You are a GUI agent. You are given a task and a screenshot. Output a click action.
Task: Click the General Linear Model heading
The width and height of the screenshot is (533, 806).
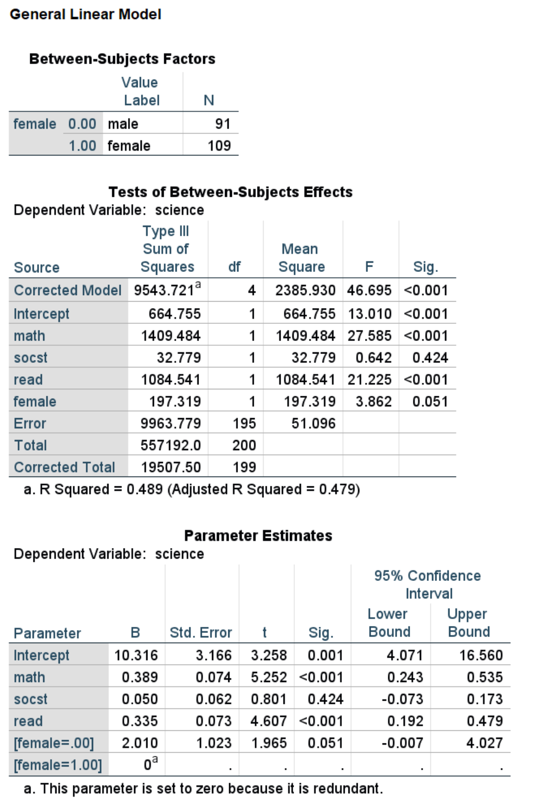coord(85,14)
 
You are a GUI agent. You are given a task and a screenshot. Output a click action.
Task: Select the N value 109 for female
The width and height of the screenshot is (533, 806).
coord(219,146)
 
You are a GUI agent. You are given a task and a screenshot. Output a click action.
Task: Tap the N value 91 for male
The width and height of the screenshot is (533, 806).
coord(223,124)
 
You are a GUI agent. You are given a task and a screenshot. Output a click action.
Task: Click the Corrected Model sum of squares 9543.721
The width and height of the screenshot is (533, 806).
coord(164,290)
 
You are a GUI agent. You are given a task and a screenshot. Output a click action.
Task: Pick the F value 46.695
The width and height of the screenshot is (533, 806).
coord(369,290)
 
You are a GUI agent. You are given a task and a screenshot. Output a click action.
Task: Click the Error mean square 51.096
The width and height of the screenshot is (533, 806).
coord(313,424)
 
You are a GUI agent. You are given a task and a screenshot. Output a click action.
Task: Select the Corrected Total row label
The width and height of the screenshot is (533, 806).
coord(64,467)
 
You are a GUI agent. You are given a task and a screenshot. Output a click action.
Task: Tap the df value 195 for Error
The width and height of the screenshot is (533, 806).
coord(244,424)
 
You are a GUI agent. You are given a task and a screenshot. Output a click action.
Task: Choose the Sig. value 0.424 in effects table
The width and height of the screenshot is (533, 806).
coord(430,358)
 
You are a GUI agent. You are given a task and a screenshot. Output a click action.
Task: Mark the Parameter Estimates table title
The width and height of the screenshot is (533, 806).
coord(258,536)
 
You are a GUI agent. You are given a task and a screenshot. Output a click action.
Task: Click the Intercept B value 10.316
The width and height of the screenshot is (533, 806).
coord(136,656)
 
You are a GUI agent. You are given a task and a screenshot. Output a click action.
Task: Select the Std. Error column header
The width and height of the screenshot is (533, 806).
coord(200,633)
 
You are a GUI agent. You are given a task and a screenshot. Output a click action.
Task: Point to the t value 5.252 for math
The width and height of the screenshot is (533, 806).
coord(269,677)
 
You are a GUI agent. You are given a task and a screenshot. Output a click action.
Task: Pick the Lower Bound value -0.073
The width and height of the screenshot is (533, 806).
coord(402,699)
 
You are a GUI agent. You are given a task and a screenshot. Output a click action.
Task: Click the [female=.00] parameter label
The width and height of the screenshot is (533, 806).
coord(53,743)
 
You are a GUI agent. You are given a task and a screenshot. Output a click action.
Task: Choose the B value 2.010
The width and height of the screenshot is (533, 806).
coord(140,743)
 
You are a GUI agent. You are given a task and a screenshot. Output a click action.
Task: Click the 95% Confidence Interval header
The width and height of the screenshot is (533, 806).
coord(428,585)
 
